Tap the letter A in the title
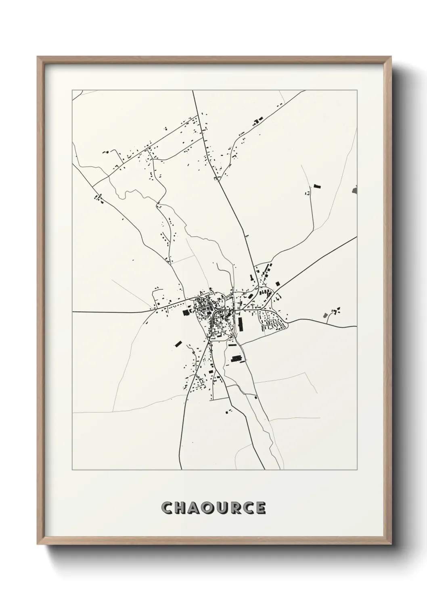click(x=196, y=508)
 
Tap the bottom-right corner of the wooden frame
click(x=391, y=543)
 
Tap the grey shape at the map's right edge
click(x=355, y=189)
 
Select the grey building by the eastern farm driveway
click(x=326, y=315)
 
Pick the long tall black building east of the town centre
click(x=241, y=324)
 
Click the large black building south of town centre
click(x=235, y=358)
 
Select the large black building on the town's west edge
click(x=186, y=312)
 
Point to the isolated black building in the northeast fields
click(x=316, y=186)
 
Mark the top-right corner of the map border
click(x=358, y=90)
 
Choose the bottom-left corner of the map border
click(x=72, y=470)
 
